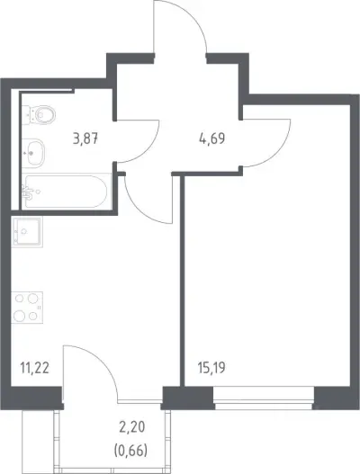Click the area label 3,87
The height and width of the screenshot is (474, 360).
[85, 139]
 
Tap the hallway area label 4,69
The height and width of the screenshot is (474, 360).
[212, 139]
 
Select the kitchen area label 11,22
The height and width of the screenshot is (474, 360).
[34, 368]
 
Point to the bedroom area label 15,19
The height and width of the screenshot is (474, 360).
[211, 368]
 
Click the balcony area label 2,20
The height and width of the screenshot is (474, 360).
[132, 427]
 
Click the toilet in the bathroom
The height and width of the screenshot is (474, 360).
[40, 115]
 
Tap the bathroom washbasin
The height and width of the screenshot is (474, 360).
[33, 153]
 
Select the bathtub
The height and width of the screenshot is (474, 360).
[66, 191]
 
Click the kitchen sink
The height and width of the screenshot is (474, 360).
[27, 232]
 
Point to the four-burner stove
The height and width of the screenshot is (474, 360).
[27, 308]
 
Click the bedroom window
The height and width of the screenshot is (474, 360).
[264, 398]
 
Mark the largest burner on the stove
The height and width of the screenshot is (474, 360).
[19, 315]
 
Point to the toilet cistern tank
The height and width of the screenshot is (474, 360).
[27, 115]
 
